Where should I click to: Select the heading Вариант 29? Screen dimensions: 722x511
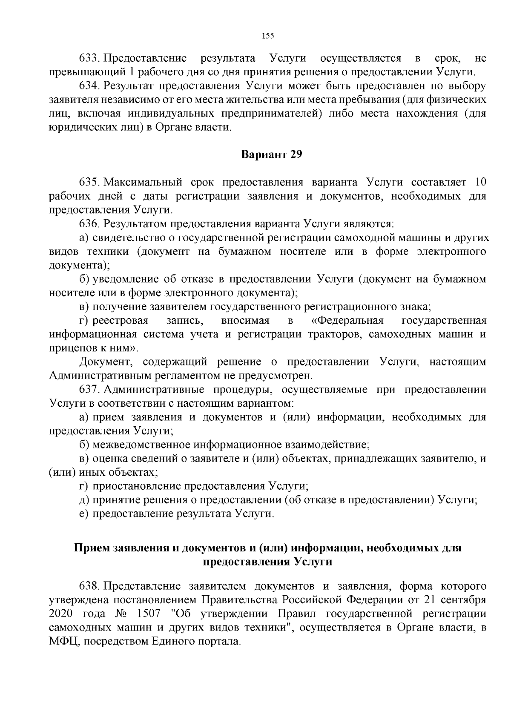point(272,154)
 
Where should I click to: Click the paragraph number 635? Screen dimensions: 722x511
point(89,182)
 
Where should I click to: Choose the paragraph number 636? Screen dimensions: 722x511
point(89,223)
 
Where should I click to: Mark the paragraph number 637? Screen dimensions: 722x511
point(89,390)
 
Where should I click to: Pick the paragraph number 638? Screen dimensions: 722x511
point(89,586)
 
